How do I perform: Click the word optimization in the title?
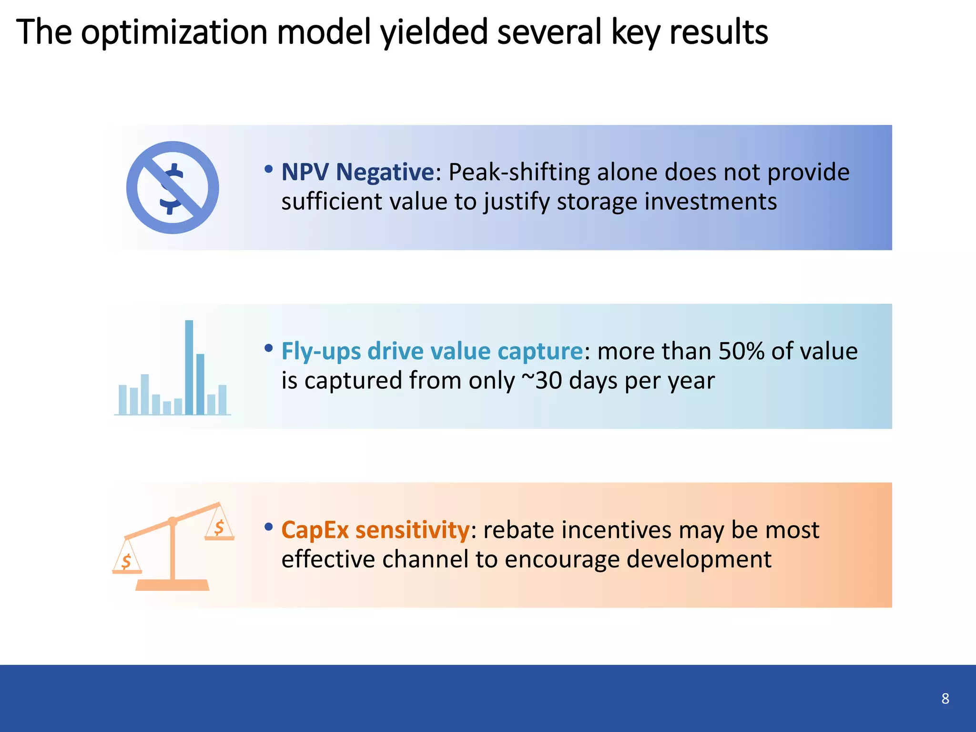[x=174, y=32]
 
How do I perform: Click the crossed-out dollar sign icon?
[x=173, y=187]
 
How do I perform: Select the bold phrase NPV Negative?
[x=357, y=172]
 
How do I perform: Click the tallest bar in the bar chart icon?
[x=189, y=367]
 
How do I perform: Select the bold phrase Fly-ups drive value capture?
[x=432, y=351]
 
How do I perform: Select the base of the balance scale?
[x=173, y=585]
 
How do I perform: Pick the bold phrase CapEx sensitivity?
[x=375, y=530]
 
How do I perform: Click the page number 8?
[x=945, y=699]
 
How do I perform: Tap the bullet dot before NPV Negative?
[x=269, y=169]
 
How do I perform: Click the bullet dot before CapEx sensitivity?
[x=269, y=527]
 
